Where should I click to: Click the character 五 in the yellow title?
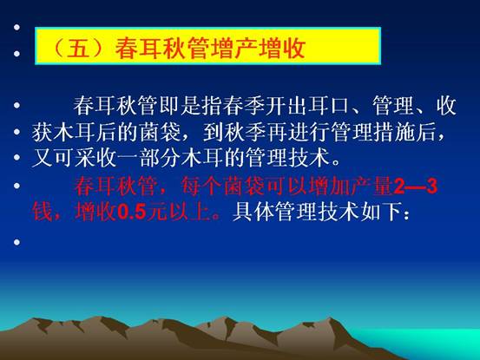[x=78, y=48]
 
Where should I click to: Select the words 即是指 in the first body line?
[x=191, y=105]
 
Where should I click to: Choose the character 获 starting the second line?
[x=43, y=132]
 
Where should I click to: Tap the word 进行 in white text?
[x=309, y=132]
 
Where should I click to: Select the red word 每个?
[x=201, y=187]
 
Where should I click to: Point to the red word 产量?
[x=373, y=187]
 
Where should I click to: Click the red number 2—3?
[x=416, y=187]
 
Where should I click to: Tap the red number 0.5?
[x=132, y=212]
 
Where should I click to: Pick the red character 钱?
[x=43, y=212]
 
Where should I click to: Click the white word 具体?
[x=253, y=212]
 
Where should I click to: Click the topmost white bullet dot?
[x=16, y=27]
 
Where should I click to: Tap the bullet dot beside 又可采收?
[x=16, y=158]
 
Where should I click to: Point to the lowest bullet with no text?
[x=16, y=242]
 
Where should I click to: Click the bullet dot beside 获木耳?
[x=16, y=132]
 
